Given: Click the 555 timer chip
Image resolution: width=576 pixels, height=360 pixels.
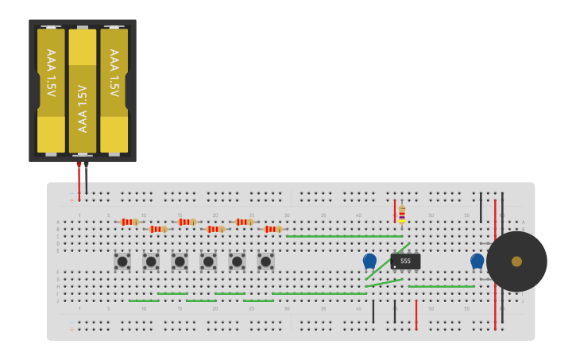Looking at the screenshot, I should pyautogui.click(x=405, y=261).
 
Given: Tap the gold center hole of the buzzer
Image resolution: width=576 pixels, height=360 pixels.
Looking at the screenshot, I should pyautogui.click(x=516, y=261).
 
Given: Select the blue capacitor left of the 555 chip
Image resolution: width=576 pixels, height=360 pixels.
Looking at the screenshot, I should pyautogui.click(x=369, y=260).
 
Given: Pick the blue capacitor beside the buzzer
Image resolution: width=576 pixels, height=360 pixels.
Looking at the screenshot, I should pyautogui.click(x=477, y=260).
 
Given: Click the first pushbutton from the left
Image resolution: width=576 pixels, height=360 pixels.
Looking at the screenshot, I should pyautogui.click(x=122, y=261).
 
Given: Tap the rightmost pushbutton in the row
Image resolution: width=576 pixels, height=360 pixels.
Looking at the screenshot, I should pyautogui.click(x=265, y=261).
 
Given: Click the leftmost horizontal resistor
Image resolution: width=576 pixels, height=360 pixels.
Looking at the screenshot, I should pyautogui.click(x=130, y=222).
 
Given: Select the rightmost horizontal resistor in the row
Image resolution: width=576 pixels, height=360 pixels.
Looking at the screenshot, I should pyautogui.click(x=273, y=229).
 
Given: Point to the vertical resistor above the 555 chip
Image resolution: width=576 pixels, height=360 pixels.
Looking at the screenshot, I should pyautogui.click(x=402, y=213).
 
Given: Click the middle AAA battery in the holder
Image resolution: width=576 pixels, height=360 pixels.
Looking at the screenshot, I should pyautogui.click(x=82, y=91).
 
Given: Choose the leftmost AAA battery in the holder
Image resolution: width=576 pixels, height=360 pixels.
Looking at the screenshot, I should pyautogui.click(x=51, y=91).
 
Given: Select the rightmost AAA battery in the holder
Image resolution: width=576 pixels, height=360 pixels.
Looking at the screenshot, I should pyautogui.click(x=114, y=91).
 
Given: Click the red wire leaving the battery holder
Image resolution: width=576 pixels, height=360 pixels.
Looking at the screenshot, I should pyautogui.click(x=79, y=181).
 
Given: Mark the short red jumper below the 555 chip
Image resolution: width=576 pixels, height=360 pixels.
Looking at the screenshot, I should pyautogui.click(x=416, y=315).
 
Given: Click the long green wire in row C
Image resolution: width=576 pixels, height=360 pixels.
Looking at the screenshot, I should pyautogui.click(x=345, y=236).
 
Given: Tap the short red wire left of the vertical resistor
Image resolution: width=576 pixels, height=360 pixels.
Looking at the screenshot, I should pyautogui.click(x=394, y=211).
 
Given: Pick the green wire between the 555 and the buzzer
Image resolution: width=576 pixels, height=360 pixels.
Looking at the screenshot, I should pyautogui.click(x=441, y=286).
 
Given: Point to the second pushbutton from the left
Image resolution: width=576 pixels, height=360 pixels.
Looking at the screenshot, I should pyautogui.click(x=151, y=261).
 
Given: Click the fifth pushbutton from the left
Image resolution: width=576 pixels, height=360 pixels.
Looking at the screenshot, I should pyautogui.click(x=237, y=261).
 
